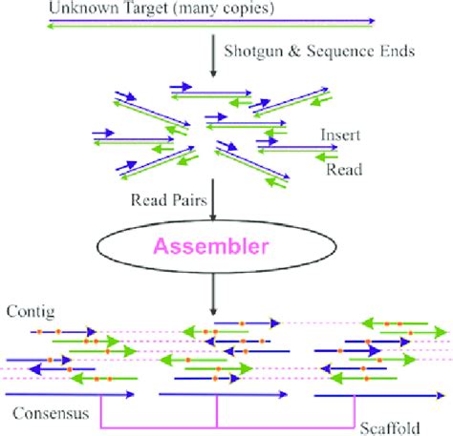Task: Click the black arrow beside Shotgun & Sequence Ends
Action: pyautogui.click(x=211, y=52)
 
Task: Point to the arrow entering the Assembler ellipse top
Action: pyautogui.click(x=212, y=204)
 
